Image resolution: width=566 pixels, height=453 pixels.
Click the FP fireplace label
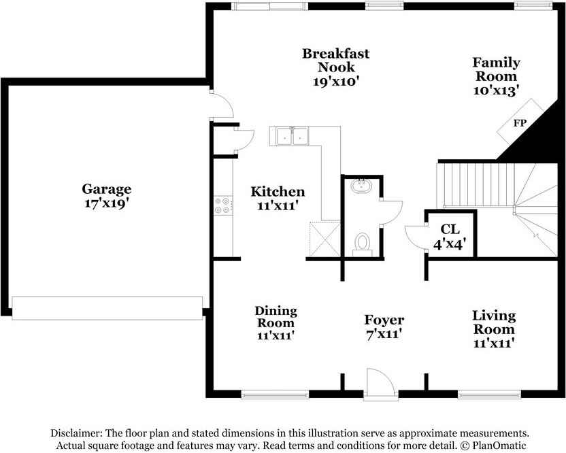point(520,123)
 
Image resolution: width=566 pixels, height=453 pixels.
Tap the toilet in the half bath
point(363,243)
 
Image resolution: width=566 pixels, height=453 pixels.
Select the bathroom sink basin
point(361,186)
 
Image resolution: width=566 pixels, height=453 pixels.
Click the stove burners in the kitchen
point(222,205)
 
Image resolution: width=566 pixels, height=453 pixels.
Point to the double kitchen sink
point(292,136)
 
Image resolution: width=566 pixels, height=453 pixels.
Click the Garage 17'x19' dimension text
point(107,203)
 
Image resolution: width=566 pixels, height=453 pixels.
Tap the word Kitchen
point(278,192)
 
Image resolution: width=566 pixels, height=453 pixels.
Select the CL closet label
point(450,229)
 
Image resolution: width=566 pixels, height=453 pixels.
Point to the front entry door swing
point(381,382)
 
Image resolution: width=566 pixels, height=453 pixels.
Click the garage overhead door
point(107,308)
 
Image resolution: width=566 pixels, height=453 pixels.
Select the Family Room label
point(497,69)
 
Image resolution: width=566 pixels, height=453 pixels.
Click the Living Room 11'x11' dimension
point(494,343)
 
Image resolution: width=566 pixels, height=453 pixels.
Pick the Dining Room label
point(276,316)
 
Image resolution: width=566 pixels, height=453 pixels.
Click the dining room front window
point(275,395)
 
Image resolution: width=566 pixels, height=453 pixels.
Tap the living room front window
point(490,395)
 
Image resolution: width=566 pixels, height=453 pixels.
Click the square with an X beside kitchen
point(325,239)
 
